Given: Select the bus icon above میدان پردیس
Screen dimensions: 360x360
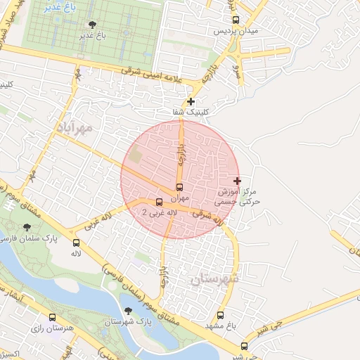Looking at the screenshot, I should point(235,20).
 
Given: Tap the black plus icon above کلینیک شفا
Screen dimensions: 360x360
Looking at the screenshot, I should point(191,102).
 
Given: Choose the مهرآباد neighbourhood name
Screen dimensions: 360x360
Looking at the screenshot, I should point(72,130).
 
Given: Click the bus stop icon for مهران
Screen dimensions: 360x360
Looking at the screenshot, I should point(179,188).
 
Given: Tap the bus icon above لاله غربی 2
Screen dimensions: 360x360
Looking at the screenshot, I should point(159,202).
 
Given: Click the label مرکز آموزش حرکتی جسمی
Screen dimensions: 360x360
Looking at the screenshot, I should point(239,195).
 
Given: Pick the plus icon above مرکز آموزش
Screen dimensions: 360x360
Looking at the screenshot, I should point(237,181).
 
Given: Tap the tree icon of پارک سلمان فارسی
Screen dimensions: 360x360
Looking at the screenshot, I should point(27,227).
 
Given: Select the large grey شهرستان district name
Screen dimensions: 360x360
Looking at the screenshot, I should point(214,278).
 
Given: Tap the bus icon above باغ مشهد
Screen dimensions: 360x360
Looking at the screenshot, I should point(220,316).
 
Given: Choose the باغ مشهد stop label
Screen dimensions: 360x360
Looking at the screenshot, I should point(219,326).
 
